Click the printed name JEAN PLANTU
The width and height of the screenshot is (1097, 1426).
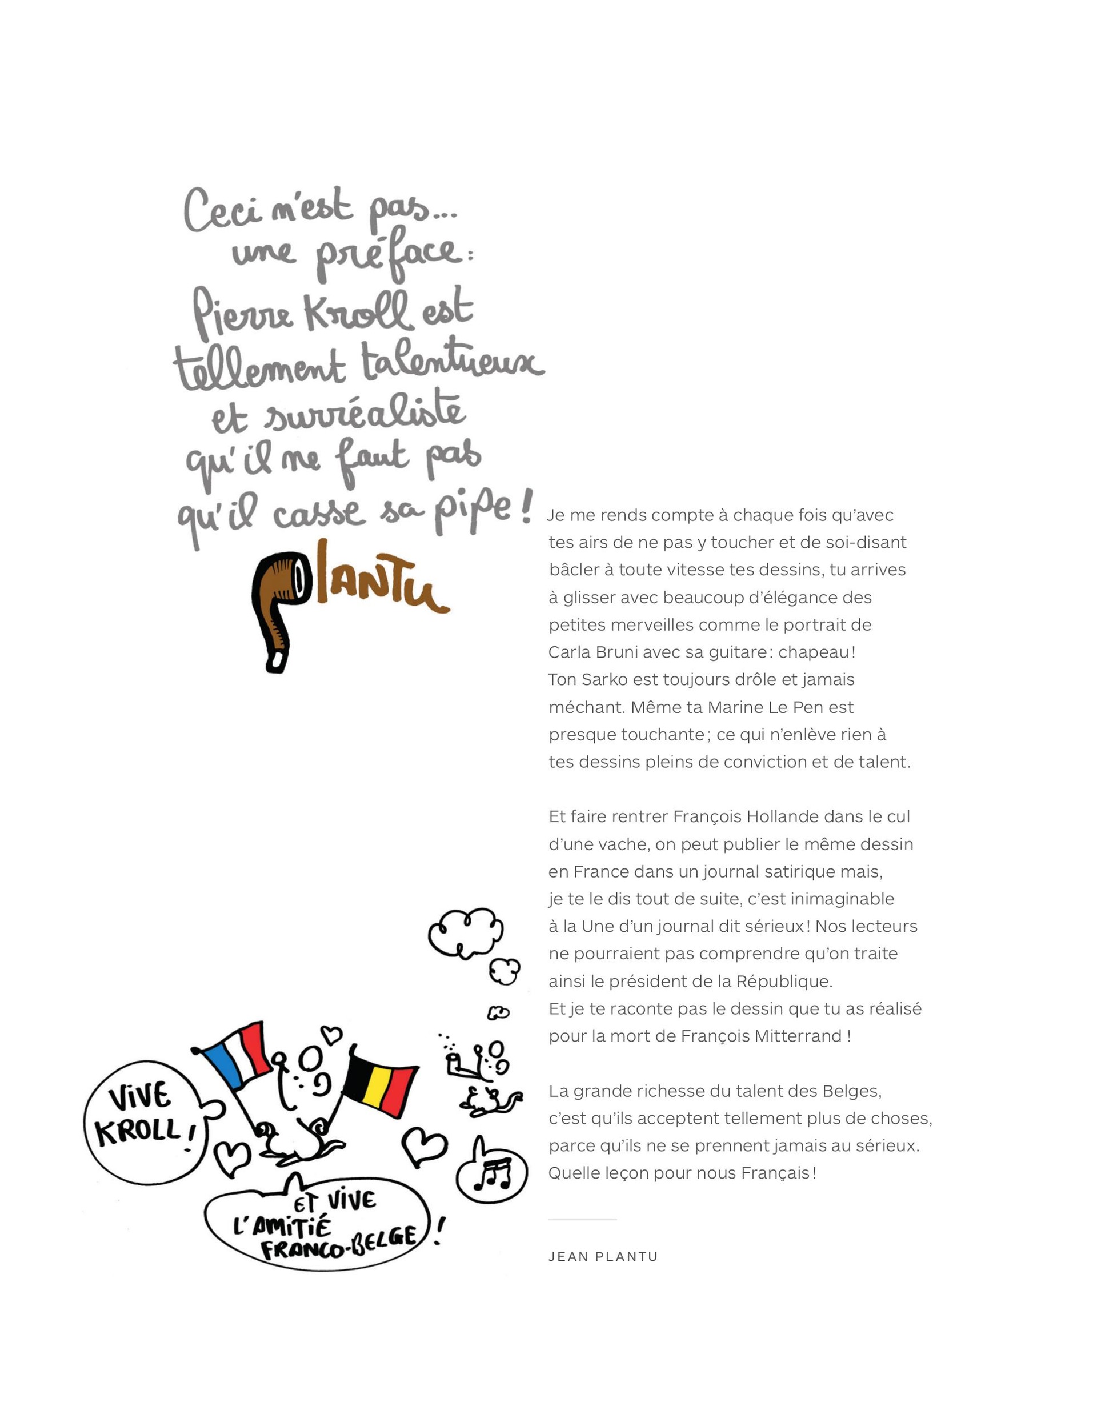[603, 1257]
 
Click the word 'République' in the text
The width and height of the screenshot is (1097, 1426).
[783, 982]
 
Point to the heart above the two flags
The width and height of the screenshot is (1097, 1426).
[332, 1034]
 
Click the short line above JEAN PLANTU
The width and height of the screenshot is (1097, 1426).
[582, 1220]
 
